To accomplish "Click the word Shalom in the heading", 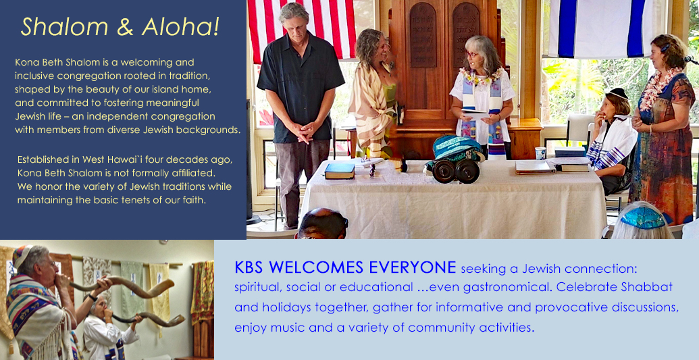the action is coord(65,26).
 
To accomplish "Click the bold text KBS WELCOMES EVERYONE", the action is coord(345,267).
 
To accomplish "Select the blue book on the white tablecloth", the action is coord(339,170).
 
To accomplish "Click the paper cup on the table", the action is coord(540,153).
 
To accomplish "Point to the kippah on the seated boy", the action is coord(619,93).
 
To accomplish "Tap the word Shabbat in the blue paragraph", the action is coord(647,287).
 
